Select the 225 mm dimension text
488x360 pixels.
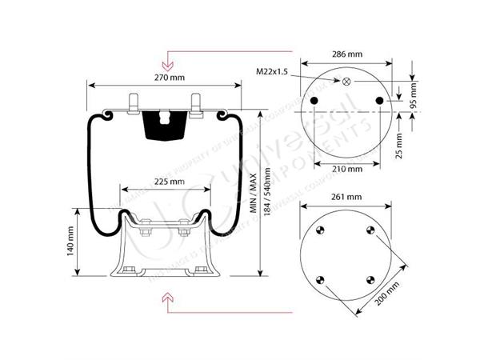[x=167, y=182]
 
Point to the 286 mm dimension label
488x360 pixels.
[x=347, y=54]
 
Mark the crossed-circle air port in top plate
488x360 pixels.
[x=346, y=82]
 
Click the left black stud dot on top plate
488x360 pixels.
[x=314, y=100]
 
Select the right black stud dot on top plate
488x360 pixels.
[x=380, y=100]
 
